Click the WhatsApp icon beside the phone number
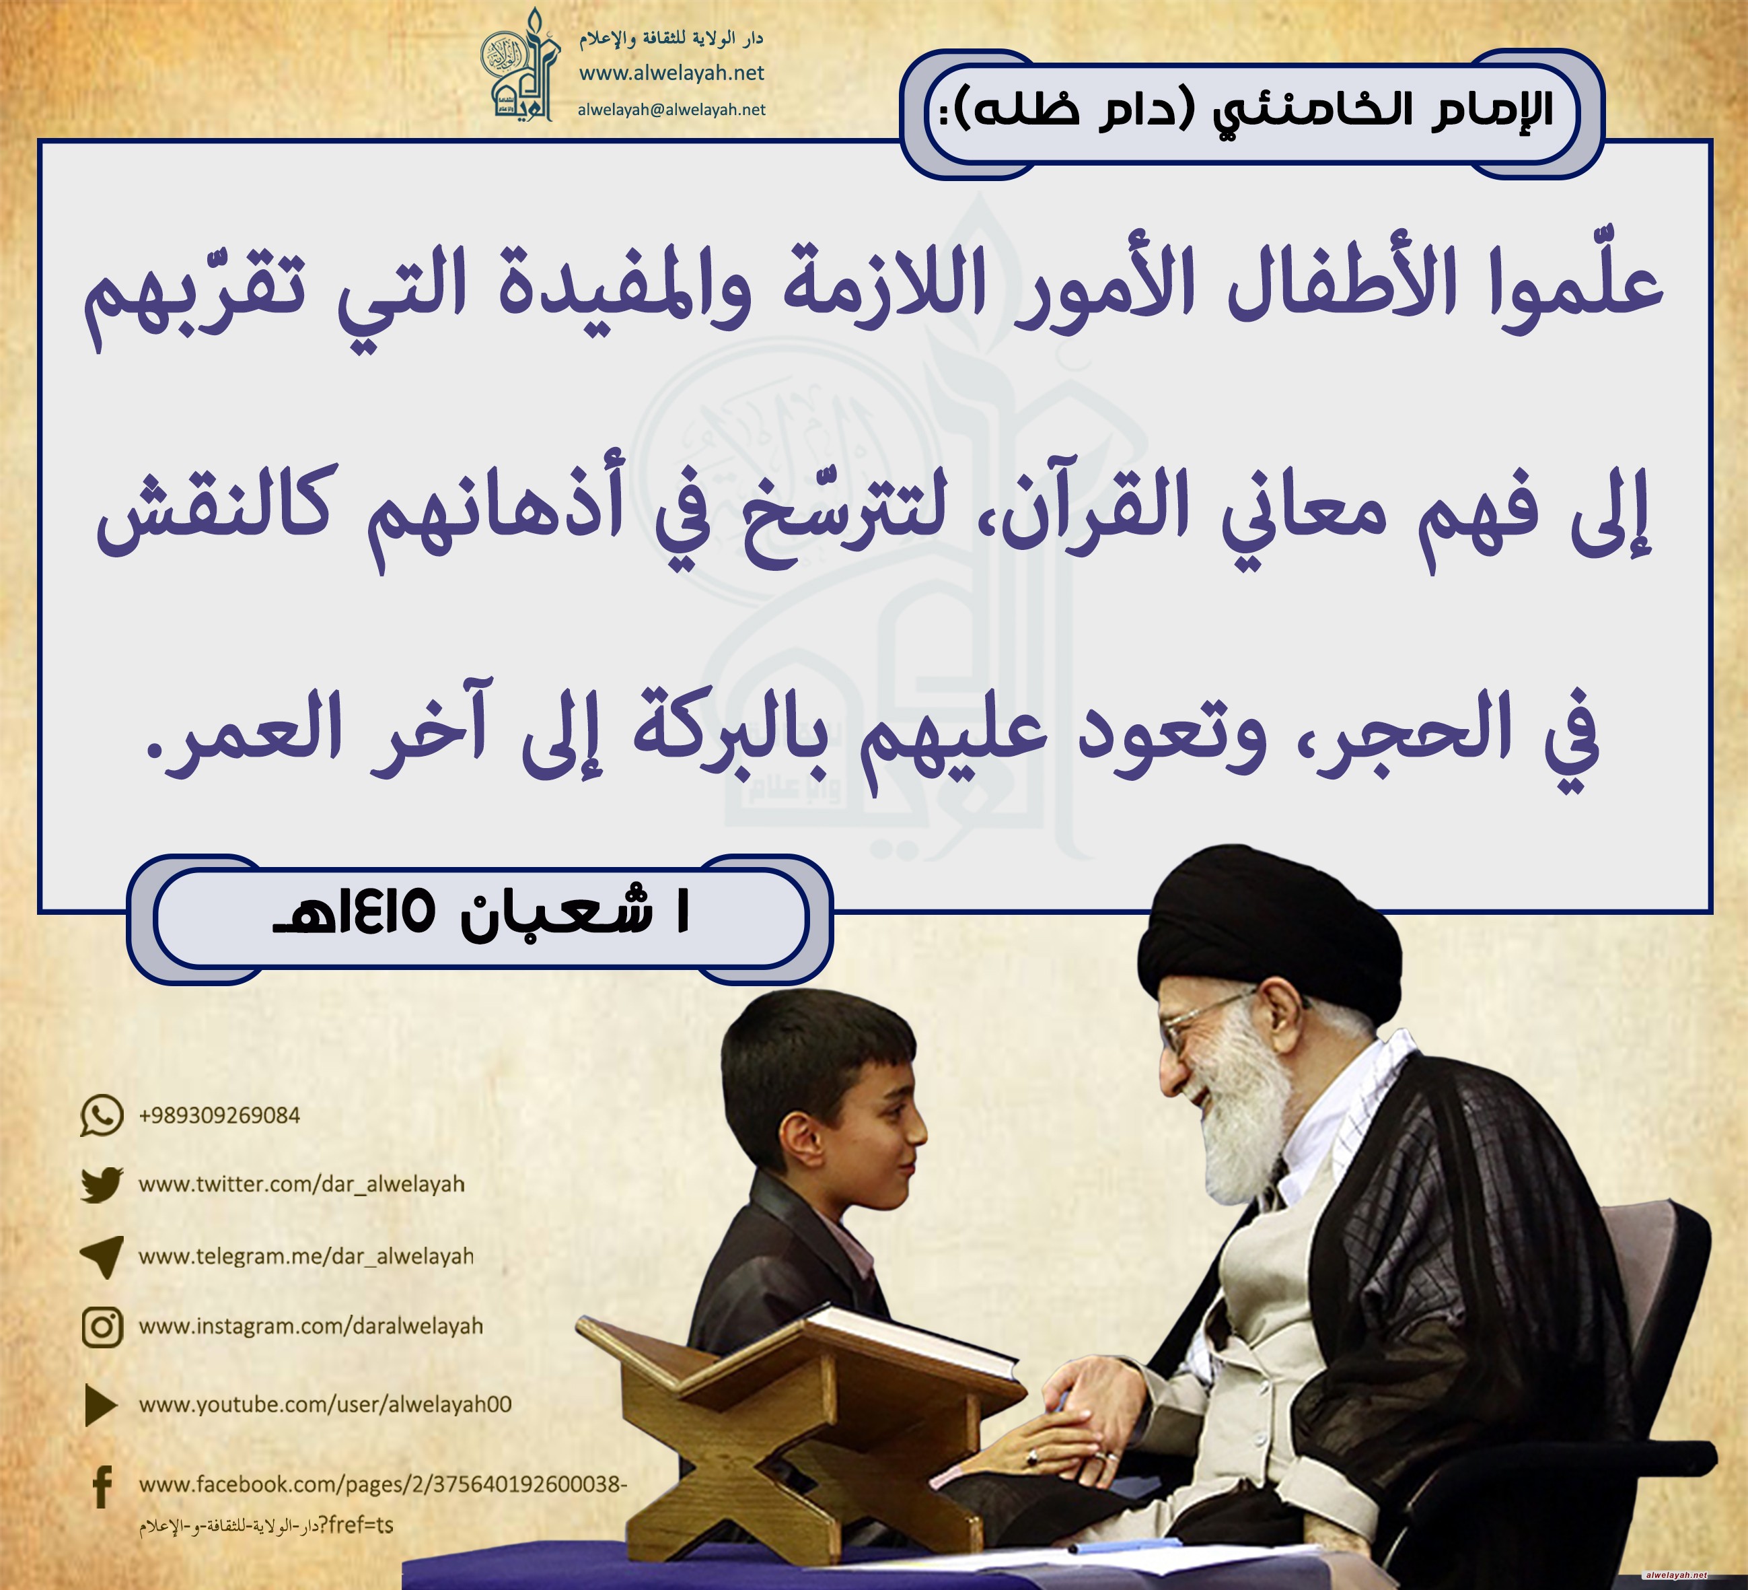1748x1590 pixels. (102, 1115)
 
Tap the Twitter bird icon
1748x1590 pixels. (102, 1185)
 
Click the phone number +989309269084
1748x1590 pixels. (219, 1115)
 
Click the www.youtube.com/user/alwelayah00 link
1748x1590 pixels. (325, 1404)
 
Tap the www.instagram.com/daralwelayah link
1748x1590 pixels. (310, 1326)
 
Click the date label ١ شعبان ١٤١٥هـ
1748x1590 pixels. (481, 913)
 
